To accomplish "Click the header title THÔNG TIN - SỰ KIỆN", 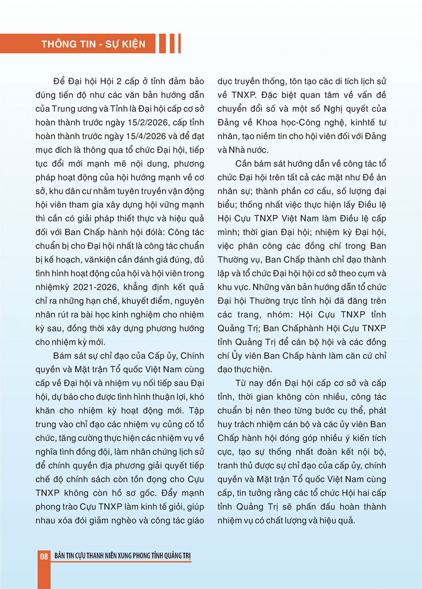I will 93,44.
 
